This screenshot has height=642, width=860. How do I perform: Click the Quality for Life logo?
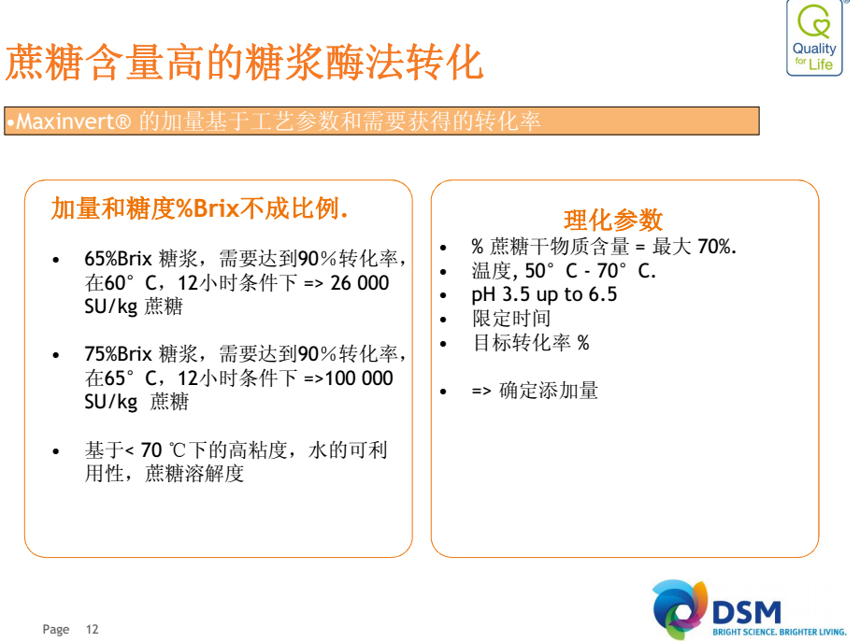pyautogui.click(x=814, y=38)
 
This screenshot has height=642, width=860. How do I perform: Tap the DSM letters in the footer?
pyautogui.click(x=747, y=612)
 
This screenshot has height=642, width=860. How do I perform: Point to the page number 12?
pyautogui.click(x=93, y=630)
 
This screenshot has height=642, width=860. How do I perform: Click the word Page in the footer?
pyautogui.click(x=56, y=630)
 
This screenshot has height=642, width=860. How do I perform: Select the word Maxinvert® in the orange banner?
pyautogui.click(x=74, y=121)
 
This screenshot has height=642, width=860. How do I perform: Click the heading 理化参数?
pyautogui.click(x=613, y=220)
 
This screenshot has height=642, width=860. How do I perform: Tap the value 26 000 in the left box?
pyautogui.click(x=360, y=283)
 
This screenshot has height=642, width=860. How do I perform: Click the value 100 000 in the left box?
pyautogui.click(x=359, y=378)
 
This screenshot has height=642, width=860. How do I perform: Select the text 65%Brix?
pyautogui.click(x=118, y=258)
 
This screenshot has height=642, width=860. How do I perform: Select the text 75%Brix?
pyautogui.click(x=118, y=353)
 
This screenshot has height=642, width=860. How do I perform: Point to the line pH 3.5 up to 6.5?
pyautogui.click(x=544, y=295)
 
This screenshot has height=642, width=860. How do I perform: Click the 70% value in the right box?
pyautogui.click(x=717, y=247)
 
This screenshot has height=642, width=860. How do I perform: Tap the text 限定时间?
pyautogui.click(x=511, y=319)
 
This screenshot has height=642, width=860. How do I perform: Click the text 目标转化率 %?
pyautogui.click(x=531, y=343)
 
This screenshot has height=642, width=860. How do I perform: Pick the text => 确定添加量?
pyautogui.click(x=535, y=391)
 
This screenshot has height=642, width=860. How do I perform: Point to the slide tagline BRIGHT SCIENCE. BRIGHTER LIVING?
pyautogui.click(x=780, y=632)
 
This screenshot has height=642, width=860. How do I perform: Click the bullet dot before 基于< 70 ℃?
pyautogui.click(x=56, y=451)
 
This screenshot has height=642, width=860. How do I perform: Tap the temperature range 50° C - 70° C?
pyautogui.click(x=590, y=271)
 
